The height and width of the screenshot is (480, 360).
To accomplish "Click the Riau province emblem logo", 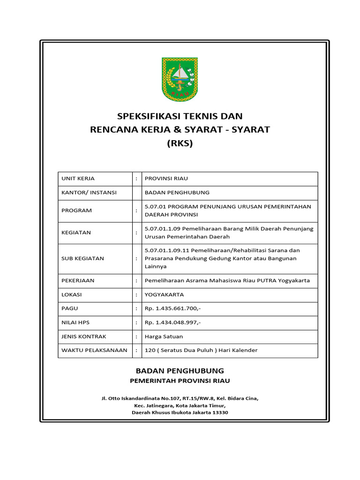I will tap(180, 79).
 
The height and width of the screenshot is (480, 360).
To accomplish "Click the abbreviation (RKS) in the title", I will tap(180, 143).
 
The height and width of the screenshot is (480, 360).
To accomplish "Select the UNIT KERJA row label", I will tap(78, 179).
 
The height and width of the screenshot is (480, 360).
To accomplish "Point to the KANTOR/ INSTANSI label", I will tap(89, 192).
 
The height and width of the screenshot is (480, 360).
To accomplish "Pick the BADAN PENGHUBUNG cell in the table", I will tap(177, 192).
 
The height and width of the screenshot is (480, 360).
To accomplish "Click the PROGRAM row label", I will tap(76, 210).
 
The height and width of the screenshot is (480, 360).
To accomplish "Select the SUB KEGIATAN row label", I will tap(82, 258).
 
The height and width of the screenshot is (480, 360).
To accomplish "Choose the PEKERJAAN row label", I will tap(78, 280).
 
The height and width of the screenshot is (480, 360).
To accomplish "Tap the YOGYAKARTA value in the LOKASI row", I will tap(164, 294).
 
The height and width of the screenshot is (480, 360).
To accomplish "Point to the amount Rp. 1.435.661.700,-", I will tap(172, 308).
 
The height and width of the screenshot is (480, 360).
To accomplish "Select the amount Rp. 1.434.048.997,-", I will tap(172, 322).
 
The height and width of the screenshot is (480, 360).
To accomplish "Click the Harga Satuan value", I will tap(164, 337).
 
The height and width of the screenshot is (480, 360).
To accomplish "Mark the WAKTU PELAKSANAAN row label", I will tap(94, 350).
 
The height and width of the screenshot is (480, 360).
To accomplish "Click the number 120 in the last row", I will tap(150, 350).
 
